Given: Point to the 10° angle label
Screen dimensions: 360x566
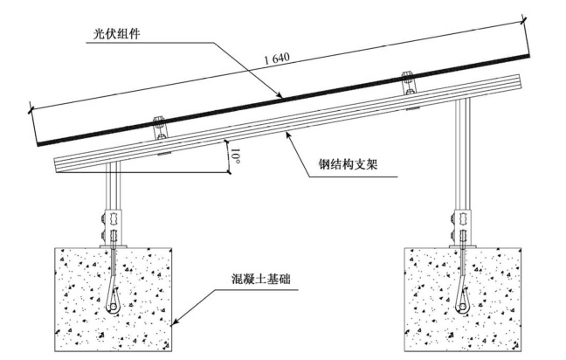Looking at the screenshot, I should click(236, 157).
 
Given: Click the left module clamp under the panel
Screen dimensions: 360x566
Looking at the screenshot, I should click(159, 129).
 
